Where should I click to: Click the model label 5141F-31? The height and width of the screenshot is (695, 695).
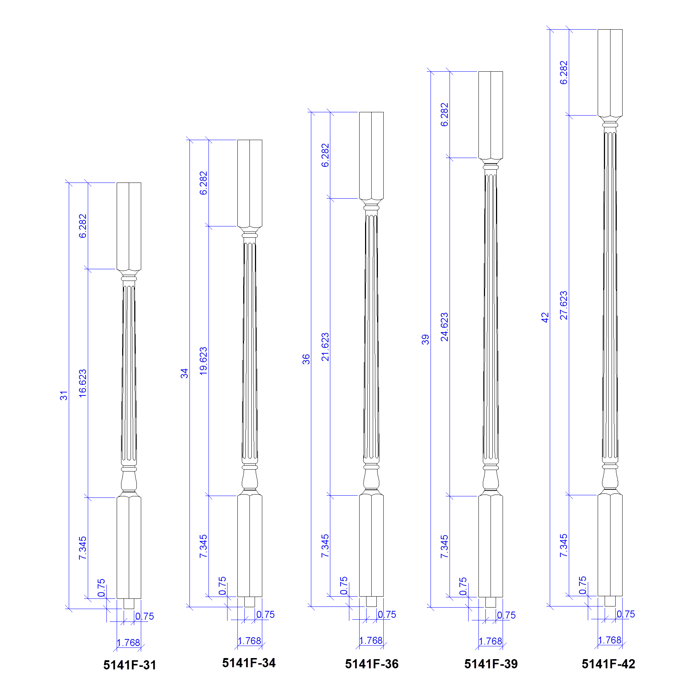[130, 665]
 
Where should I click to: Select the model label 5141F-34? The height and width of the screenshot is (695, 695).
[249, 663]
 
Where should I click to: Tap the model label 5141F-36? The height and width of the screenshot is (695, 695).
[372, 664]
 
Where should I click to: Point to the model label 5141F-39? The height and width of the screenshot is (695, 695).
[491, 664]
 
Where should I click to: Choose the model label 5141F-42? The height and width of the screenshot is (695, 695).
[608, 664]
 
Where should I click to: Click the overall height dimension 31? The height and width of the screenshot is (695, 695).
[64, 396]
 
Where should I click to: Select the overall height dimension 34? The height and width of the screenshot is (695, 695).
[184, 373]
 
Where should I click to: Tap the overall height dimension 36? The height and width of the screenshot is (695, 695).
[306, 359]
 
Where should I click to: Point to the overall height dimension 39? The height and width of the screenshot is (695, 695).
[425, 339]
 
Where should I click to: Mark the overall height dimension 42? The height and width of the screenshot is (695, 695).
[545, 318]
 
